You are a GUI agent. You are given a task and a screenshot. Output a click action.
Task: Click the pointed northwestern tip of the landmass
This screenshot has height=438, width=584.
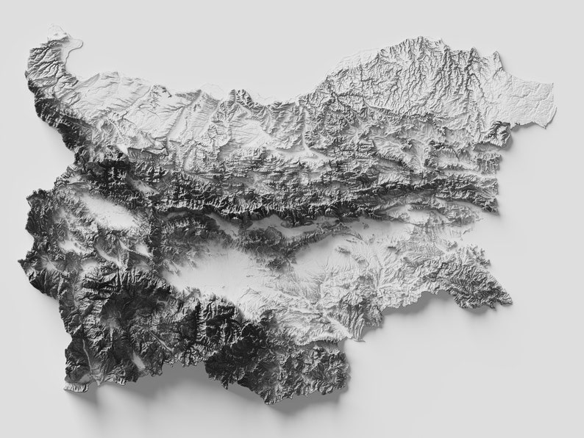click(49, 31)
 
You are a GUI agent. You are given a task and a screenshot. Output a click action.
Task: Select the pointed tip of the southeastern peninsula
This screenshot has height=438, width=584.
click(510, 301)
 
